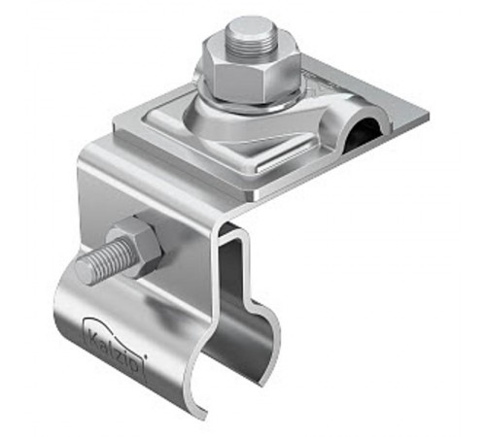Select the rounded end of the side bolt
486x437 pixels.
pos(85,270)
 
